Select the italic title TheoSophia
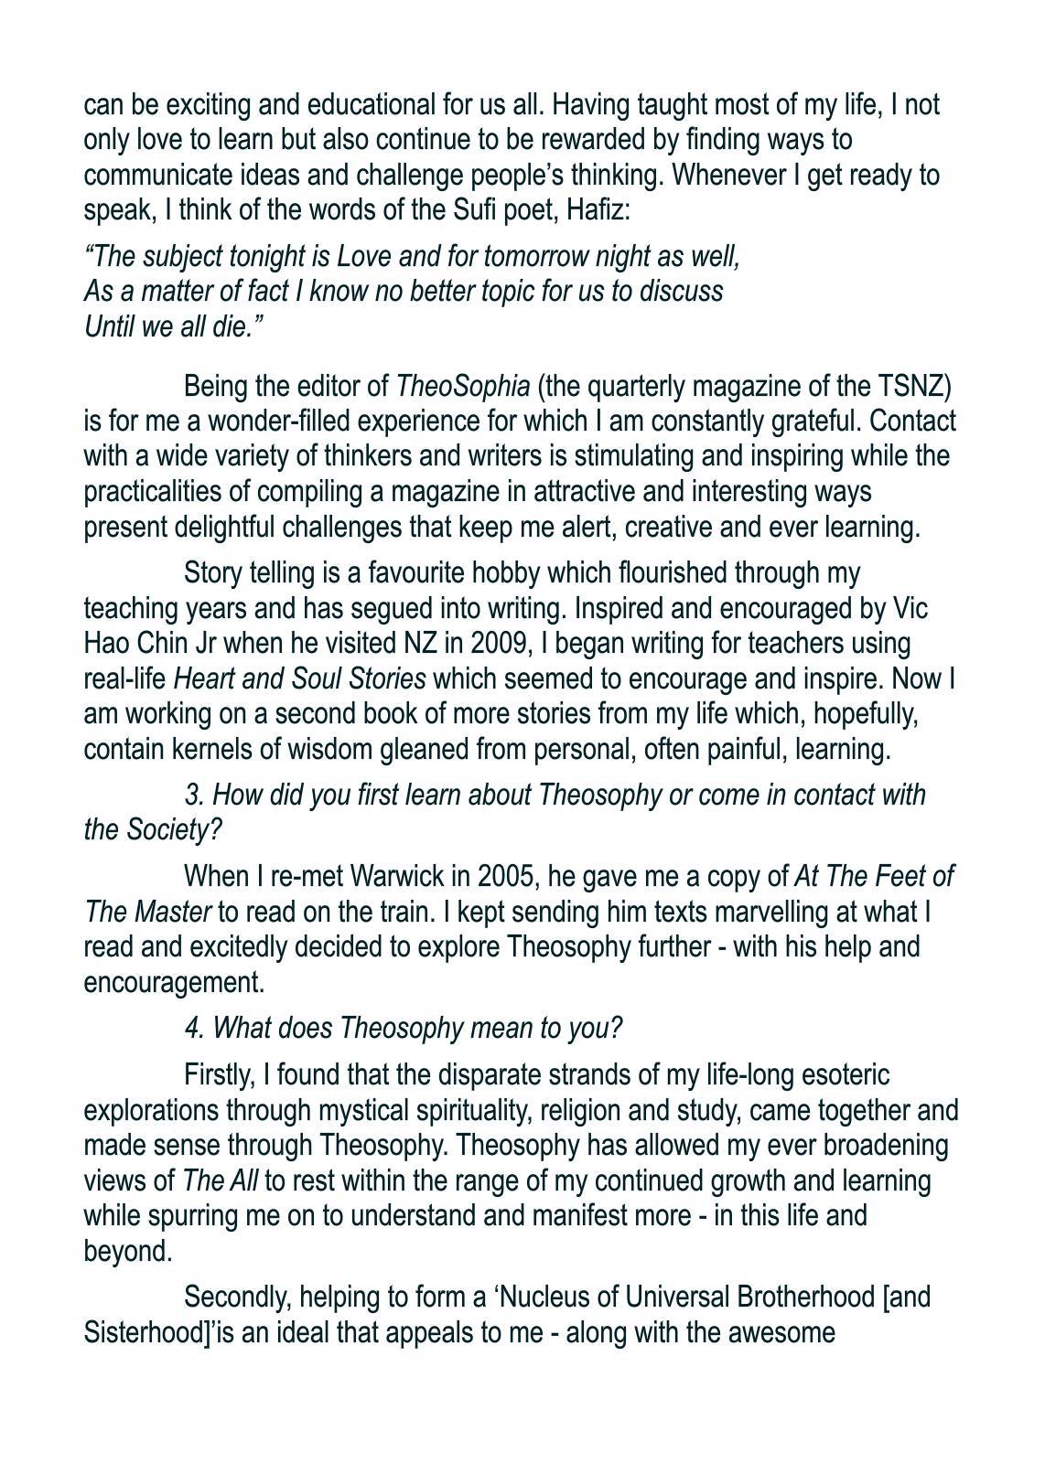tap(462, 387)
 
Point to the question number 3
tap(192, 796)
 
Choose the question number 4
tap(192, 1029)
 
